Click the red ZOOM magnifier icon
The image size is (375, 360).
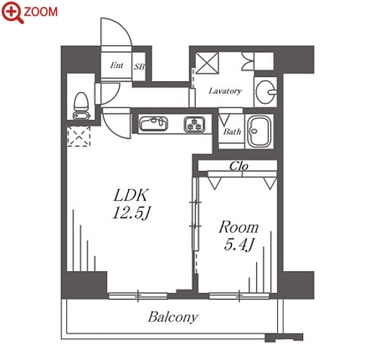coord(13,12)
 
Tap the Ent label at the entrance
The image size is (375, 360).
coord(117,66)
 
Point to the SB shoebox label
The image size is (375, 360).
coord(139,66)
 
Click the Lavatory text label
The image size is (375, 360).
coord(225,90)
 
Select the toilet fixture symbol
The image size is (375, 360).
coord(81,106)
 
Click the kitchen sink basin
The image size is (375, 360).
coord(154,124)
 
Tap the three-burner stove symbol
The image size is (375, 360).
coord(194,124)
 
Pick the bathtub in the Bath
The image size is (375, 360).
coord(259,131)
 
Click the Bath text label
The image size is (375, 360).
coord(232,131)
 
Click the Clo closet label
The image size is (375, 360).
coord(239,166)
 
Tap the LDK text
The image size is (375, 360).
coord(131,195)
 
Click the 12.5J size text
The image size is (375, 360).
coord(131,213)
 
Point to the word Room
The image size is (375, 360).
coord(239,227)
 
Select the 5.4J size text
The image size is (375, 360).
coord(239,245)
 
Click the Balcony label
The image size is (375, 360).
coord(173,317)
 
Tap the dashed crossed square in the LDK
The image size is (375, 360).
coord(79,136)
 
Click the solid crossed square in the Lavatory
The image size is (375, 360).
coord(207,63)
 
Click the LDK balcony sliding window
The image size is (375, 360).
coord(138,296)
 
